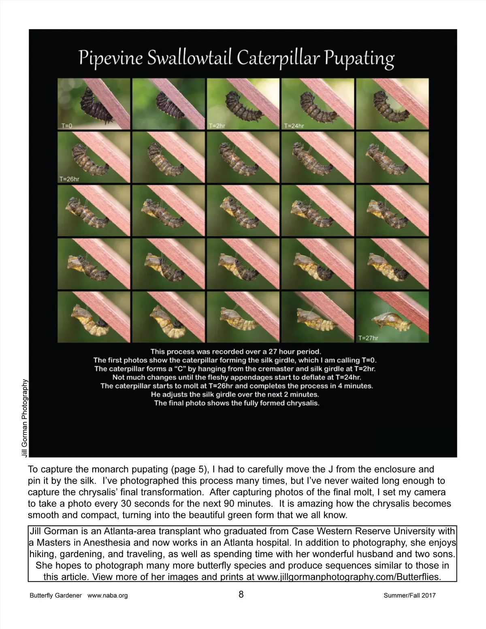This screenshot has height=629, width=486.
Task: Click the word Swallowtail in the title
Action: pyautogui.click(x=190, y=58)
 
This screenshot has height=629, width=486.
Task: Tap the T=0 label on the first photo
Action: pyautogui.click(x=67, y=126)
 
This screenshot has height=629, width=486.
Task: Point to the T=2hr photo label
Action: pyautogui.click(x=217, y=126)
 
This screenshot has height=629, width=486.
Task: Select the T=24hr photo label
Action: pyautogui.click(x=294, y=126)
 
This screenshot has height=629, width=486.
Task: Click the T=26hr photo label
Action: pyautogui.click(x=69, y=179)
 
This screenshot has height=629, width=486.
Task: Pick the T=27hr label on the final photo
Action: pyautogui.click(x=368, y=338)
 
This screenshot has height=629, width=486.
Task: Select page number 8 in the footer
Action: pyautogui.click(x=241, y=595)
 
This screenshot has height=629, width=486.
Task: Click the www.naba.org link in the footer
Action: pyautogui.click(x=107, y=595)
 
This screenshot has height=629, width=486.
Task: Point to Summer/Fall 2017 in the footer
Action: pyautogui.click(x=409, y=595)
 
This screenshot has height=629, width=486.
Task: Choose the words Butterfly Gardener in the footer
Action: pyautogui.click(x=55, y=595)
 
